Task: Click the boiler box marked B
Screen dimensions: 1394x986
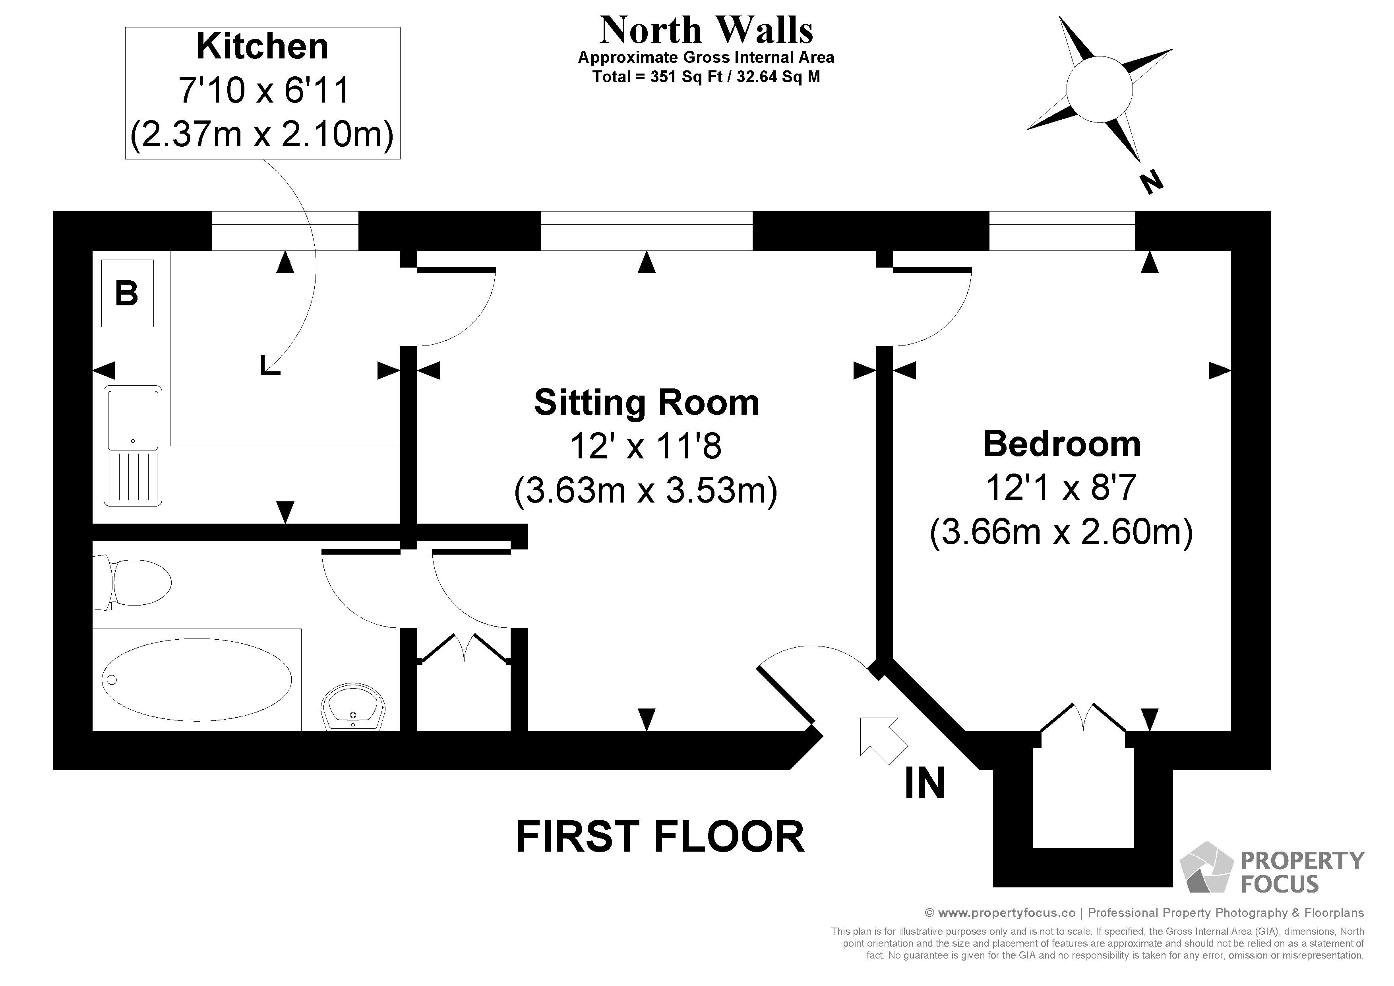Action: point(127,293)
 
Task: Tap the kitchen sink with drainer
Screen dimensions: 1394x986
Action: point(133,445)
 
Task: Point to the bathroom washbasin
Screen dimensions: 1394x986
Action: point(353,708)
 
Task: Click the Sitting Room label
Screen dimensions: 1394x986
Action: point(646,403)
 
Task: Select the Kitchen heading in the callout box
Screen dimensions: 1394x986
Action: point(262,47)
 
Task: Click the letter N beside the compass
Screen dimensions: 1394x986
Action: point(1150,182)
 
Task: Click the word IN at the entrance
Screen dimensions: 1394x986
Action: point(925,783)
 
